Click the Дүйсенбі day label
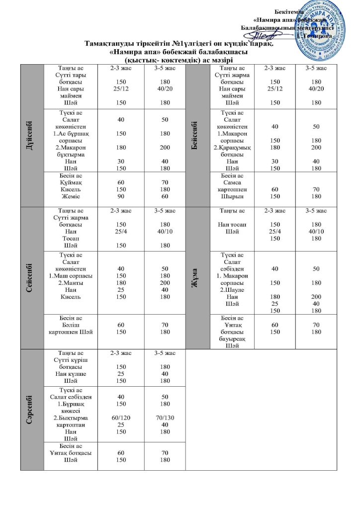(x=32, y=134)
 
